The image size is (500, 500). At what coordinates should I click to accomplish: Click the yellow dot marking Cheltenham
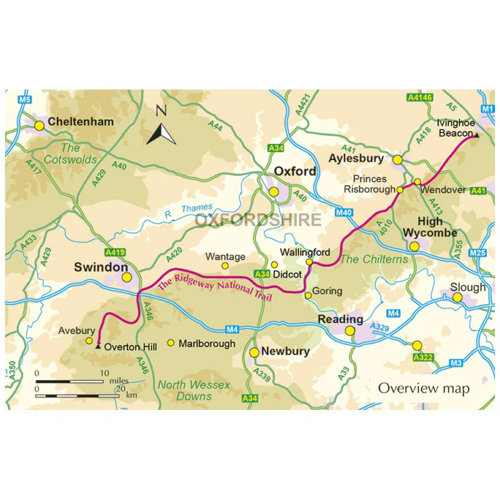pyautogui.click(x=39, y=126)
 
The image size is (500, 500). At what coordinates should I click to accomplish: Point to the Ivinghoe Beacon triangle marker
pyautogui.click(x=476, y=134)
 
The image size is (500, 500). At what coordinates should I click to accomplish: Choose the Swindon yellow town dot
pyautogui.click(x=126, y=277)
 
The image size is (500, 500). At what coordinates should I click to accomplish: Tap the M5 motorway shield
pyautogui.click(x=24, y=99)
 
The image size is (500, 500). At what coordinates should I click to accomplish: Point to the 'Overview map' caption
pyautogui.click(x=423, y=388)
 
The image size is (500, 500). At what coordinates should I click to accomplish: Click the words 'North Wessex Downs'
pyautogui.click(x=194, y=391)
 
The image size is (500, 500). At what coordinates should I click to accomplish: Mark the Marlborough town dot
pyautogui.click(x=171, y=343)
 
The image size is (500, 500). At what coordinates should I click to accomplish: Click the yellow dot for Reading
pyautogui.click(x=351, y=331)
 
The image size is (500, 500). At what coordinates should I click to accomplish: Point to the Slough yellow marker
pyautogui.click(x=457, y=298)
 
